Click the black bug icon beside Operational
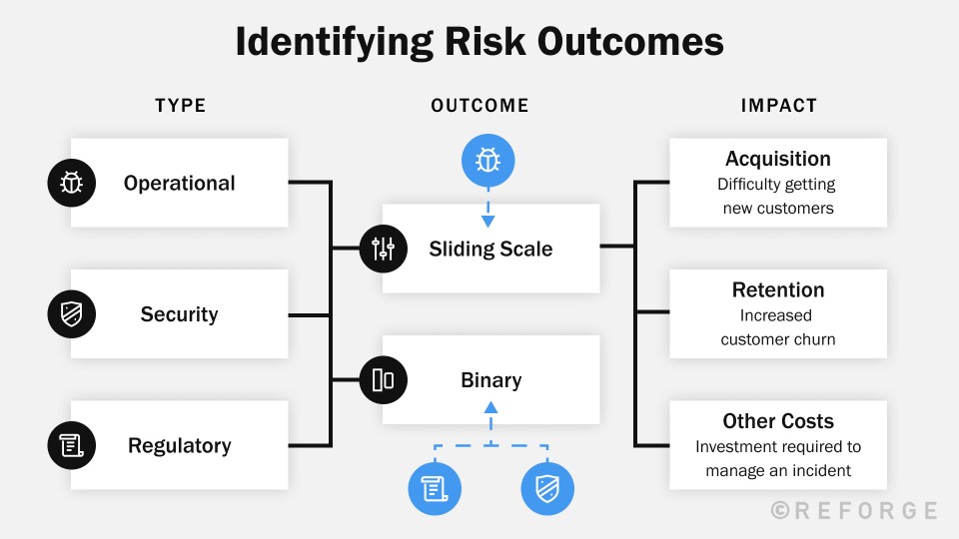coord(72,183)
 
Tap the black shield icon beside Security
coord(72,314)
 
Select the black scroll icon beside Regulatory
coord(72,446)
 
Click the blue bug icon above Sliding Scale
coord(488,160)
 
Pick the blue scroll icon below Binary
coord(434,489)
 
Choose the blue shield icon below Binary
coord(546,489)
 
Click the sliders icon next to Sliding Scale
coord(384,249)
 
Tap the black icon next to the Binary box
coord(384,380)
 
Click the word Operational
coord(180,184)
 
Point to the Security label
coord(179,314)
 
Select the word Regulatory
coord(180,446)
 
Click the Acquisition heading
coord(778,159)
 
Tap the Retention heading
coord(778,290)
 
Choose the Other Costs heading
coord(778,421)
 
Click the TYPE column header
coord(181,106)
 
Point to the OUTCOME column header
coord(480,106)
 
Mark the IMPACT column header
coord(779,106)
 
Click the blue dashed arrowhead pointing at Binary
coord(490,406)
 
